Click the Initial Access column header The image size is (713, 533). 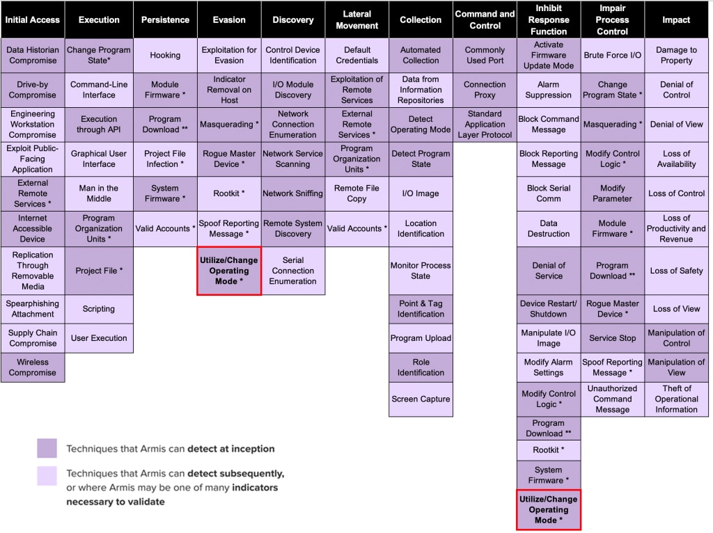click(33, 20)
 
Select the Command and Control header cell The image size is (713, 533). click(485, 20)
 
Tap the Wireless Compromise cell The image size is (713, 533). click(33, 367)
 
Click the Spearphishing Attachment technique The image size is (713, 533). click(33, 309)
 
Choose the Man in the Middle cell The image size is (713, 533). click(99, 193)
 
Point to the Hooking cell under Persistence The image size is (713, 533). click(165, 55)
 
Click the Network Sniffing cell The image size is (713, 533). click(293, 193)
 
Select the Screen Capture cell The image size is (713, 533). click(421, 399)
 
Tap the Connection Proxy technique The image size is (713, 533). click(485, 90)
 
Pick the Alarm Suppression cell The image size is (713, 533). click(549, 90)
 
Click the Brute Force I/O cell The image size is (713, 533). click(613, 55)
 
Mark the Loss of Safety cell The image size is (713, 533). click(676, 271)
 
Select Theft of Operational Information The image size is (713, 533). click(676, 399)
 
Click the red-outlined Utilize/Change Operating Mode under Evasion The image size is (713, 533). click(229, 271)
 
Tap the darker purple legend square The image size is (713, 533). click(47, 448)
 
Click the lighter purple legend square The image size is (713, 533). click(47, 476)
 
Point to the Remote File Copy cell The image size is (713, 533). click(357, 193)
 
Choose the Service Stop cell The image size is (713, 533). click(613, 339)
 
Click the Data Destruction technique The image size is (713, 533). click(549, 228)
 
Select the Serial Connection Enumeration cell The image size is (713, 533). click(293, 271)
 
